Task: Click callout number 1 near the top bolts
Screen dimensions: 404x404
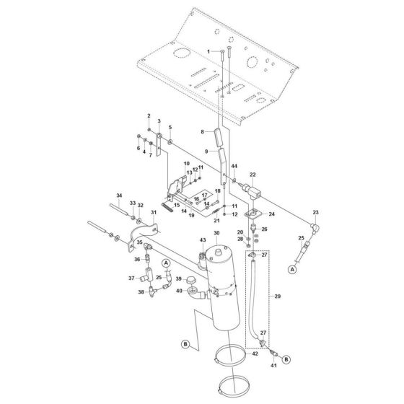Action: (x=209, y=52)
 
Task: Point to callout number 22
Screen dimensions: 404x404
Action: (x=253, y=175)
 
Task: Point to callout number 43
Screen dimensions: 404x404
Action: (x=203, y=240)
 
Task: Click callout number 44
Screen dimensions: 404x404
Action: (x=234, y=167)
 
